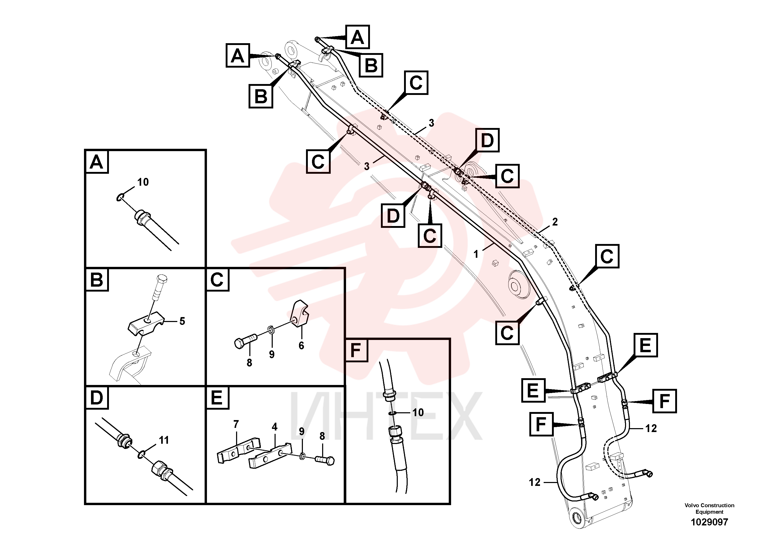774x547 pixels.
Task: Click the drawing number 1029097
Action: (709, 522)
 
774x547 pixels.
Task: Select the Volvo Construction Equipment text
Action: (709, 509)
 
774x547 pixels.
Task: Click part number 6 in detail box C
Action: (301, 345)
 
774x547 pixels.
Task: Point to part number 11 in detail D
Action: (164, 440)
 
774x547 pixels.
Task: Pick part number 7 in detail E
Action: (236, 424)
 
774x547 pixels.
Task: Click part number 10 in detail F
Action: (418, 413)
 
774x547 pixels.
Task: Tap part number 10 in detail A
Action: (143, 182)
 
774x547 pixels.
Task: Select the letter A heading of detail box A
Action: (96, 162)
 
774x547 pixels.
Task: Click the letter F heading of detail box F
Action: (356, 350)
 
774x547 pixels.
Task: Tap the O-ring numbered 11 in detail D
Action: (142, 454)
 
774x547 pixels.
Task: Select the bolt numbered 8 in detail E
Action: (325, 460)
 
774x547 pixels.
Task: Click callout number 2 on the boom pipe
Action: (555, 222)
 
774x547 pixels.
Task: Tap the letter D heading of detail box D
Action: (96, 398)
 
